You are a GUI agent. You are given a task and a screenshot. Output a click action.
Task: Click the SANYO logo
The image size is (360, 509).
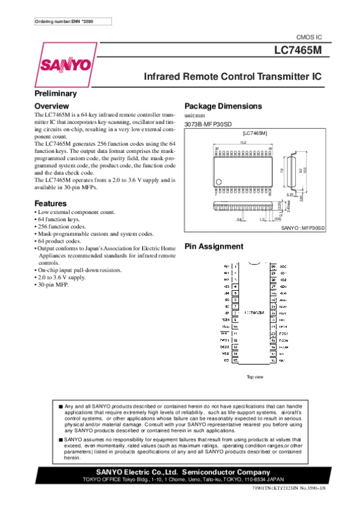[65, 64]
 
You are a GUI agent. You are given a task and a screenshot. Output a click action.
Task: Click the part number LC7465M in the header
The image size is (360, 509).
[299, 51]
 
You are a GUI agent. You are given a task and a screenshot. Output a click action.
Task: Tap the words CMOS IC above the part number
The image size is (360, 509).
[310, 38]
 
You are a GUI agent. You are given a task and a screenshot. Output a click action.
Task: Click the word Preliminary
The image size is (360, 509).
[55, 94]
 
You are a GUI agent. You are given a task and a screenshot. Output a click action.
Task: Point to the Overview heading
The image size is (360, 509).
[52, 106]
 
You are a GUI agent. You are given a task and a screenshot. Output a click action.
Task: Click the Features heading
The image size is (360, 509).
[50, 204]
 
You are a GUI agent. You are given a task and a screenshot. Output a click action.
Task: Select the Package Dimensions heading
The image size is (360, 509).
[223, 106]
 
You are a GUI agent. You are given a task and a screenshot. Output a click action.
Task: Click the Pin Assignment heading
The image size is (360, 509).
[214, 246]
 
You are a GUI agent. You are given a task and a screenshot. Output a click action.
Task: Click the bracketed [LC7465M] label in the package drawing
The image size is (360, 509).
[254, 132]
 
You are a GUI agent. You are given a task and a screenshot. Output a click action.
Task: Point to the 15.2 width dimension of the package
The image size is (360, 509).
[243, 143]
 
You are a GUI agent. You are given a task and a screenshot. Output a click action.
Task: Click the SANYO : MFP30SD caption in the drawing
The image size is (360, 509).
[303, 228]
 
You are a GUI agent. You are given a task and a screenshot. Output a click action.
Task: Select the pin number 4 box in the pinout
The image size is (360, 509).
[236, 287]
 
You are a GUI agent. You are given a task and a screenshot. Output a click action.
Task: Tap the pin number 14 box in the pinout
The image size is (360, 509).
[236, 354]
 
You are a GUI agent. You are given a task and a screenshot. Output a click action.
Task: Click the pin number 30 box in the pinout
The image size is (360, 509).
[274, 266]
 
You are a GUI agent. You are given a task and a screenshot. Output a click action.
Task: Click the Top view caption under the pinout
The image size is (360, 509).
[255, 377]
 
